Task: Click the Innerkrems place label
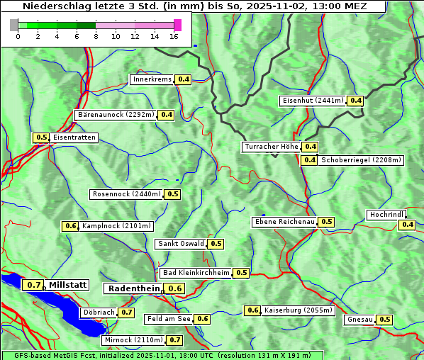[152, 79]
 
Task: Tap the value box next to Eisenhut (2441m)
[355, 101]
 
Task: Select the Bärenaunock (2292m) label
[116, 114]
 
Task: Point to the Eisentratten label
[74, 137]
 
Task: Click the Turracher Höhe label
[271, 147]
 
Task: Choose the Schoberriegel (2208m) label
[361, 160]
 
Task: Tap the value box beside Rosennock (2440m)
[173, 194]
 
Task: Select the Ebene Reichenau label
[284, 222]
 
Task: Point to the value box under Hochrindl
[407, 225]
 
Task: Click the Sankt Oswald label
[181, 244]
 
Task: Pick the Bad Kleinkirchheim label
[196, 273]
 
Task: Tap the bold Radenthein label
[133, 288]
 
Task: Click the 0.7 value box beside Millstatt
[33, 285]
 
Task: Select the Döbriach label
[99, 312]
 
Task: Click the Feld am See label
[169, 319]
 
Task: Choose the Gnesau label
[359, 320]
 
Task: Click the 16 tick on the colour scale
[174, 36]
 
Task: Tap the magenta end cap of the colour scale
[177, 25]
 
